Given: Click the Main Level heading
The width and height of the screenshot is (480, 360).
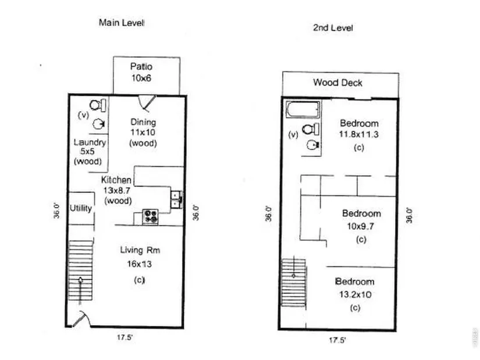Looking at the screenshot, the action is point(122,23).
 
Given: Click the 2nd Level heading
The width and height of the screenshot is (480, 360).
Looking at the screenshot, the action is point(333,28).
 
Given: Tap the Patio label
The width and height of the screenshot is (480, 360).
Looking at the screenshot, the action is point(141,66).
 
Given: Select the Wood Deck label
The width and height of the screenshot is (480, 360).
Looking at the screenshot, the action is point(337,83).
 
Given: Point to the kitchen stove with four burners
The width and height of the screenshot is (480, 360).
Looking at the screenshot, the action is point(150,216).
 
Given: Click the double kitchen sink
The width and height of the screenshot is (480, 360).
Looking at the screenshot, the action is point(177,199).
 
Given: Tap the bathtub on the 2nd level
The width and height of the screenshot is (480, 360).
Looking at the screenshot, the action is point(303,109).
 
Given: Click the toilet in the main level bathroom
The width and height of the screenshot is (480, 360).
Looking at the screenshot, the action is point(98,105).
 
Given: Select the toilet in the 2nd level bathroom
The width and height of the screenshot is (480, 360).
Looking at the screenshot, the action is point(311,129).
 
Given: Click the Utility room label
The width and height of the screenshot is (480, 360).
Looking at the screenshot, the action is point(81,208).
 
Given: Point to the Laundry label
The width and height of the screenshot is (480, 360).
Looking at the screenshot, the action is point(90,142).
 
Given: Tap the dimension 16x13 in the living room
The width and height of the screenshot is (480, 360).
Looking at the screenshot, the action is point(139,264).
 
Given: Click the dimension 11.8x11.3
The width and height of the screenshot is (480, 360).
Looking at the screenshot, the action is point(359,134).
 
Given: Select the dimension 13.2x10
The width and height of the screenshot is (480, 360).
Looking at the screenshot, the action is point(355,294).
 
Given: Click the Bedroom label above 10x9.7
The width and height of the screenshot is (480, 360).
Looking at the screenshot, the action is point(361,213).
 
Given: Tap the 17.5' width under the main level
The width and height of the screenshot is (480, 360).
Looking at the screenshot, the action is point(125,337).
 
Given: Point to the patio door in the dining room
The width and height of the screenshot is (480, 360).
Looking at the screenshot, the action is point(147,102).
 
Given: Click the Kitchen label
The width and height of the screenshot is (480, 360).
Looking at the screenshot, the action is point(116,180).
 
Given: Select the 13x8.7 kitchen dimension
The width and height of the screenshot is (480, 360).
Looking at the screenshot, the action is point(116,190).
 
